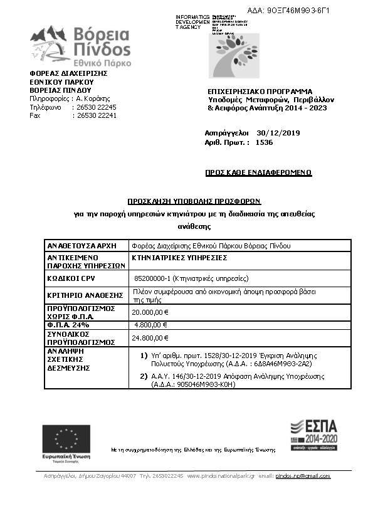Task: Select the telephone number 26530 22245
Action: click(96, 107)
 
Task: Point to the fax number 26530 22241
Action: click(96, 115)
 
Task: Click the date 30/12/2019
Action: click(278, 133)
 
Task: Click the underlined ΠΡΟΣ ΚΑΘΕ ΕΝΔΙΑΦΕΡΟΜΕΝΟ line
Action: click(258, 172)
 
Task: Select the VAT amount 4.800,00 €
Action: click(151, 325)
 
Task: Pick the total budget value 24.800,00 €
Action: click(150, 338)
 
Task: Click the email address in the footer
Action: click(303, 477)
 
